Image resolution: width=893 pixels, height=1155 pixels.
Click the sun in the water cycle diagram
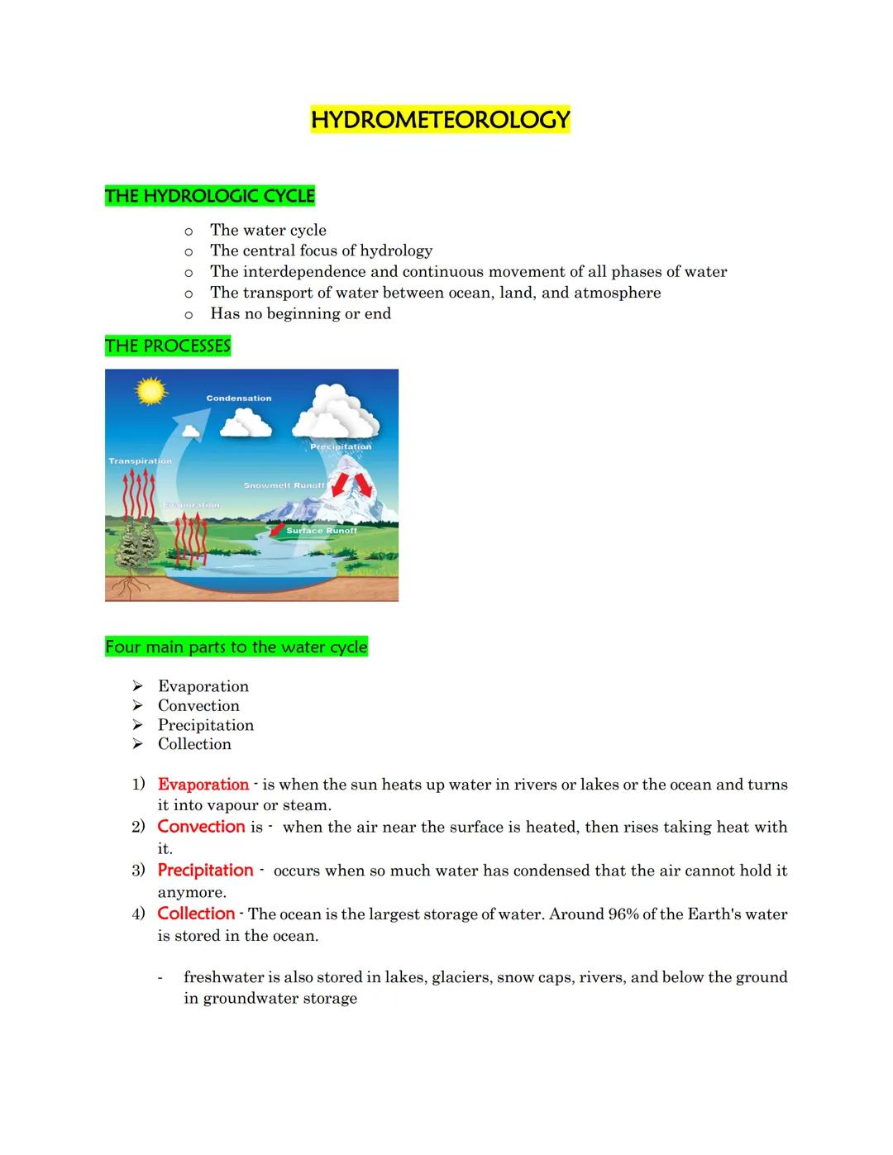click(x=150, y=390)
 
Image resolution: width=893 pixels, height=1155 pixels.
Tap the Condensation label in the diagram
click(x=239, y=399)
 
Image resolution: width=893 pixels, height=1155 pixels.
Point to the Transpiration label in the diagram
click(x=141, y=461)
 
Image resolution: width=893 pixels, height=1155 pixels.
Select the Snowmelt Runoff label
click(x=284, y=485)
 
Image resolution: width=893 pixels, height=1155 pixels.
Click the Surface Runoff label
click(x=322, y=531)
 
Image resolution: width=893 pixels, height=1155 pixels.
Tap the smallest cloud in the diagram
click(x=191, y=429)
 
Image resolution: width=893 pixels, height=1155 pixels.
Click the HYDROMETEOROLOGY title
click(x=440, y=120)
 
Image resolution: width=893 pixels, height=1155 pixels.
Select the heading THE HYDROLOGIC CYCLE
click(x=210, y=196)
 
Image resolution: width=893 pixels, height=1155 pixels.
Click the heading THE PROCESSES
click(x=168, y=346)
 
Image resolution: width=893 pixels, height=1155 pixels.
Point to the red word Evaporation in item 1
click(x=203, y=785)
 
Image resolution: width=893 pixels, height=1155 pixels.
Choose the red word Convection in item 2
click(x=201, y=827)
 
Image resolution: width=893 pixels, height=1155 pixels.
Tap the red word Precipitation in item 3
click(x=205, y=871)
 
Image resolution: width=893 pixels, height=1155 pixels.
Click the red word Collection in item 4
click(x=196, y=914)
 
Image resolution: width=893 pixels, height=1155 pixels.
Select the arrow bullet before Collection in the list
click(x=138, y=744)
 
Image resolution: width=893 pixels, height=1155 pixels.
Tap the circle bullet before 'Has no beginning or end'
click(x=189, y=314)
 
